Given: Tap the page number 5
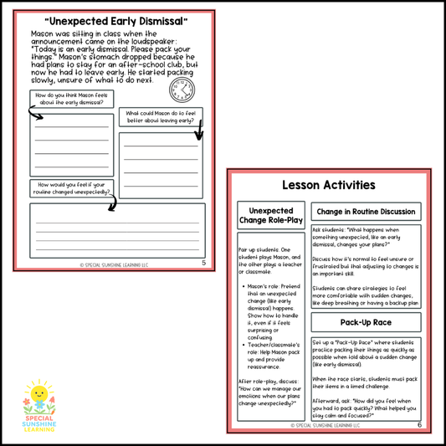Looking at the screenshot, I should tap(203, 262).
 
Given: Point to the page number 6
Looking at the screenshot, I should tap(419, 424).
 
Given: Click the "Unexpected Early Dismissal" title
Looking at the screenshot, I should tap(115, 19).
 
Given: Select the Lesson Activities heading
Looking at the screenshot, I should tap(329, 185).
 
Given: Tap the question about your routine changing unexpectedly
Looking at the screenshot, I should tap(74, 188).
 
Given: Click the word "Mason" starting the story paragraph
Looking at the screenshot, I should tap(43, 34).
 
